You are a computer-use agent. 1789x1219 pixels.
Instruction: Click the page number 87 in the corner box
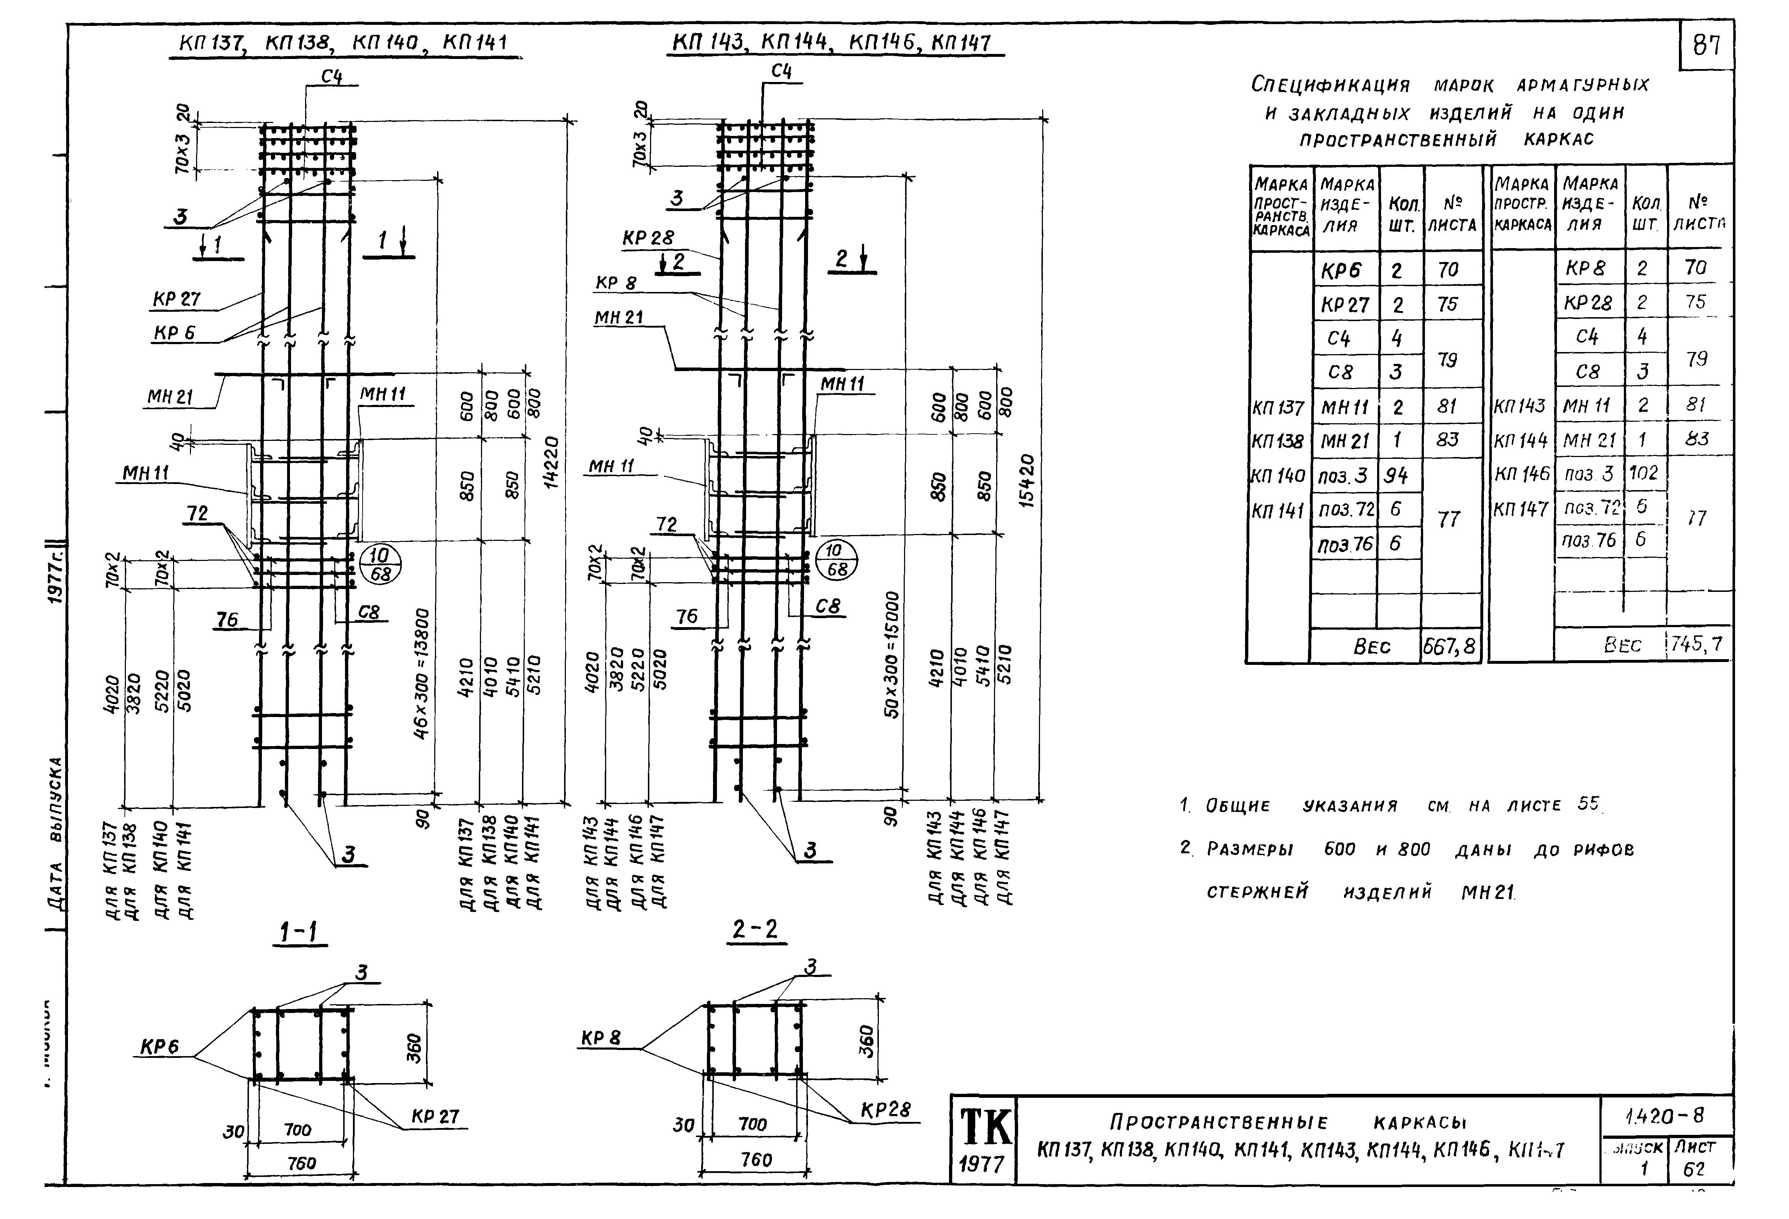pyautogui.click(x=1707, y=46)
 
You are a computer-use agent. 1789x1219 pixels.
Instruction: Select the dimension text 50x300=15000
pyautogui.click(x=892, y=655)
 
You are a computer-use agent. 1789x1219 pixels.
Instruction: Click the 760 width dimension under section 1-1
pyautogui.click(x=302, y=1164)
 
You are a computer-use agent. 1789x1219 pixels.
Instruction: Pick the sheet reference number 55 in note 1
pyautogui.click(x=1588, y=803)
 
